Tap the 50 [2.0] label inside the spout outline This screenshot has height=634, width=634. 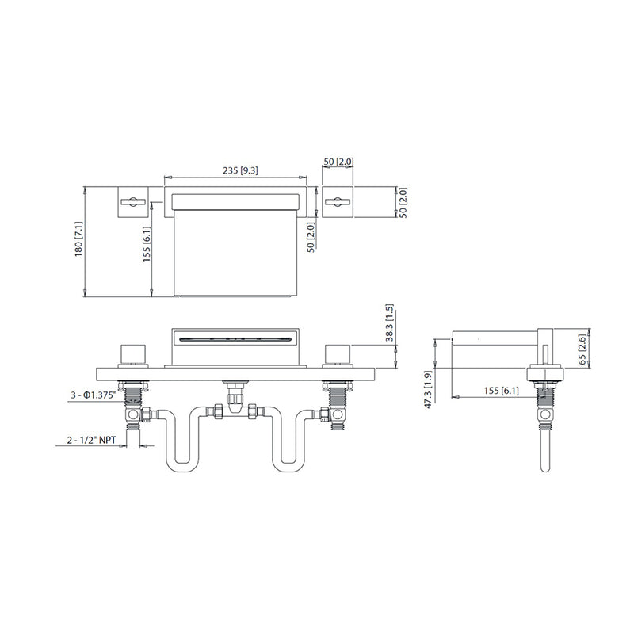(x=312, y=236)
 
